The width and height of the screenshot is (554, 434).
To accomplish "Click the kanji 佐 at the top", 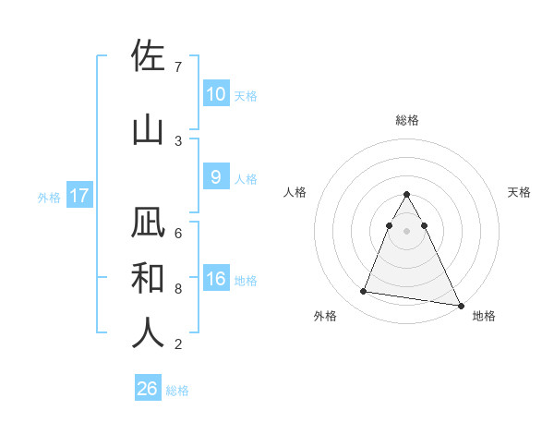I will [149, 57].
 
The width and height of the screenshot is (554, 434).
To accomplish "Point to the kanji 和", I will [149, 278].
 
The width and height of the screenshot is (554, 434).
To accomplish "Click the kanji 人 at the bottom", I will [149, 332].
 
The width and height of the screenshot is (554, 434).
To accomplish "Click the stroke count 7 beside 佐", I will [178, 67].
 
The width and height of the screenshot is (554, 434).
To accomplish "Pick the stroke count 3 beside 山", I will [178, 140].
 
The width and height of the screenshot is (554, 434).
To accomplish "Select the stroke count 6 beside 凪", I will [178, 233].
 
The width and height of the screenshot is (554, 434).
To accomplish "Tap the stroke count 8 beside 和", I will [178, 289].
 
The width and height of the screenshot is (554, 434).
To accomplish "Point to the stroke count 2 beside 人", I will [178, 344].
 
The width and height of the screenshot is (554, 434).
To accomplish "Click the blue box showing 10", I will [215, 94].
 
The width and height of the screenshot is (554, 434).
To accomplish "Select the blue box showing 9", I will [215, 178].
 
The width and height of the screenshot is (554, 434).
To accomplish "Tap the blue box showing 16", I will [215, 280].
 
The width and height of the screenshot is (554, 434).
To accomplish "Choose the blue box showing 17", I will [78, 196].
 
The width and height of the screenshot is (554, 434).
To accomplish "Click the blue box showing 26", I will [148, 389].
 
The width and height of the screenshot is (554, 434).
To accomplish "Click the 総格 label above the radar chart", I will [407, 120].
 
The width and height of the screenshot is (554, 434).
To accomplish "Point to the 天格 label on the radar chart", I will [519, 192].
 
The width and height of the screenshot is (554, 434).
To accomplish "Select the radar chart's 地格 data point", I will [460, 305].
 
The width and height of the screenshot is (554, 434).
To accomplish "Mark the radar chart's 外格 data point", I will [364, 292].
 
